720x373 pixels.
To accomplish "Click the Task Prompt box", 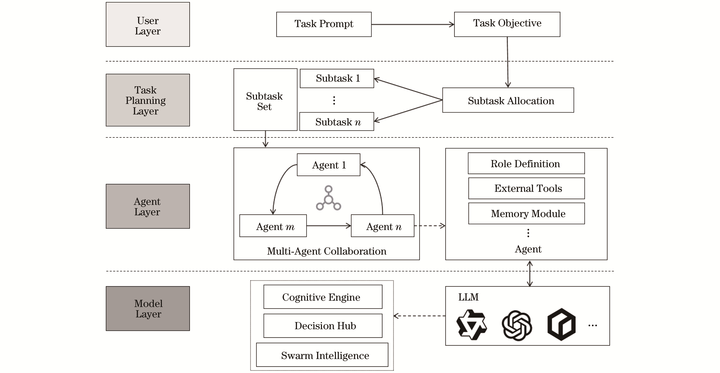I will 324,24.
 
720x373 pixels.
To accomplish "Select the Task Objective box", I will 507,24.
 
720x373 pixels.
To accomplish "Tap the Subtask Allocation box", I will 508,100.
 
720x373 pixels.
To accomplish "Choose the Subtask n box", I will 337,122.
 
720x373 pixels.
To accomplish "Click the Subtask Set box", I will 265,100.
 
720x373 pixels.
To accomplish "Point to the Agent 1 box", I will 328,165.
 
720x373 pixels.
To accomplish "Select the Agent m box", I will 273,226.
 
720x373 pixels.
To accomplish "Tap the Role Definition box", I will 526,163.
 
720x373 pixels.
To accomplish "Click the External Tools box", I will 526,188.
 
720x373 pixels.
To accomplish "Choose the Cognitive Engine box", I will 323,297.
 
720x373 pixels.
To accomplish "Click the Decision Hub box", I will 323,326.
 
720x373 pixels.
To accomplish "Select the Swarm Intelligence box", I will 322,355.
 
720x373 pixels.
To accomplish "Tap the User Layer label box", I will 148,25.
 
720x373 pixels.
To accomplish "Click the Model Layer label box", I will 148,308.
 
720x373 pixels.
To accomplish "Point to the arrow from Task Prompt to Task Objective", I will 413,25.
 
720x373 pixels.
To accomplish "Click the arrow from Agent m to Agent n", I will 328,226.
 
